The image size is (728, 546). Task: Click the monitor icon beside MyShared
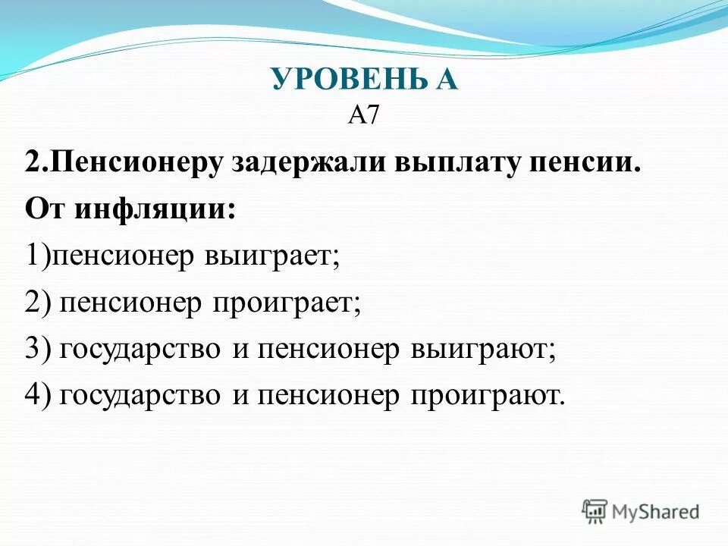pyautogui.click(x=595, y=511)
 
